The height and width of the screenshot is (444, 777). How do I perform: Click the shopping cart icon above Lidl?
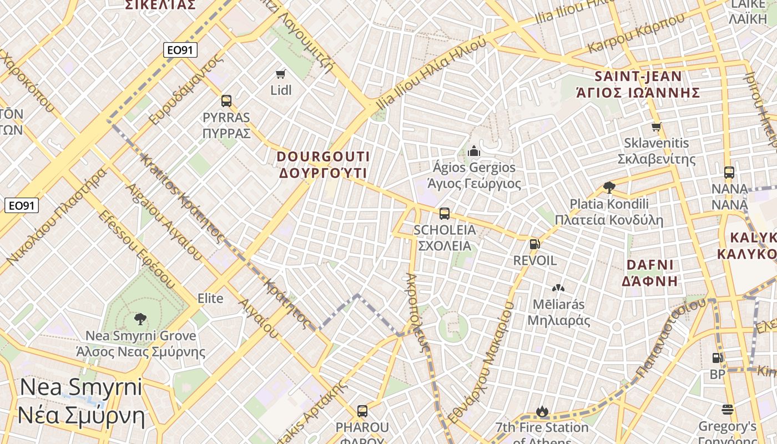pyautogui.click(x=281, y=74)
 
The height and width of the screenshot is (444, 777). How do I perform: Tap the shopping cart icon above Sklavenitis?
pyautogui.click(x=657, y=127)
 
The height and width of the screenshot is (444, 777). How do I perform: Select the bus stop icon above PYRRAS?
pyautogui.click(x=226, y=101)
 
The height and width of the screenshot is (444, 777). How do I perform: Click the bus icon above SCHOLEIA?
pyautogui.click(x=444, y=214)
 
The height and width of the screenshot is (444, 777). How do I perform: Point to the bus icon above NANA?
pyautogui.click(x=729, y=173)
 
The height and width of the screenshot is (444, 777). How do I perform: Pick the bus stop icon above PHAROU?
pyautogui.click(x=362, y=411)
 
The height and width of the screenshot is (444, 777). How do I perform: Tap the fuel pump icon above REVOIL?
pyautogui.click(x=534, y=244)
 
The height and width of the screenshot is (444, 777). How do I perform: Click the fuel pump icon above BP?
pyautogui.click(x=717, y=359)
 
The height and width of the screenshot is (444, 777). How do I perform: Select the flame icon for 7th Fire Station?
pyautogui.click(x=542, y=412)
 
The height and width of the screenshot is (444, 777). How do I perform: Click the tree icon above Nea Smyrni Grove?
pyautogui.click(x=140, y=319)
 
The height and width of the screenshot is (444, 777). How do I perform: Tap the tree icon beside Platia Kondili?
pyautogui.click(x=609, y=188)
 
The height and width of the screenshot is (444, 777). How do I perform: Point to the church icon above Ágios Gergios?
pyautogui.click(x=473, y=151)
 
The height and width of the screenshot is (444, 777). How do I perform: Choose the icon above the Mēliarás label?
pyautogui.click(x=558, y=288)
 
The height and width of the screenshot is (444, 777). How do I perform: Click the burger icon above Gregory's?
pyautogui.click(x=727, y=410)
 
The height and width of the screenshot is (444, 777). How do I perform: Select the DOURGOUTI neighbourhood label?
pyautogui.click(x=324, y=165)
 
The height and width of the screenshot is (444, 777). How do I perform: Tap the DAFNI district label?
pyautogui.click(x=649, y=273)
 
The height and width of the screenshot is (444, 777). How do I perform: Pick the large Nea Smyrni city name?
pyautogui.click(x=81, y=401)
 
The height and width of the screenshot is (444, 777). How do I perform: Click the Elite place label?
pyautogui.click(x=210, y=299)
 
